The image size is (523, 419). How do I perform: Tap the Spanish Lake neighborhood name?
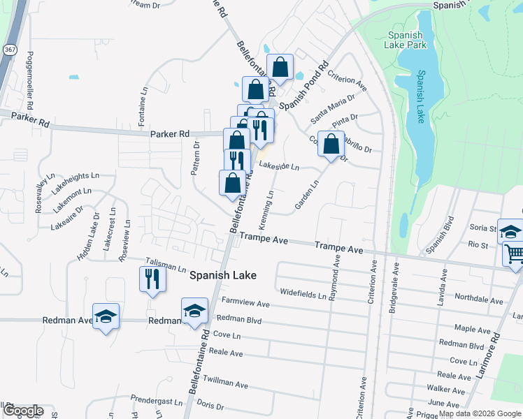[x=223, y=276]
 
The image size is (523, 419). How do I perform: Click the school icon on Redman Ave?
[x=105, y=317]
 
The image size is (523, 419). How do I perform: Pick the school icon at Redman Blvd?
[x=194, y=311]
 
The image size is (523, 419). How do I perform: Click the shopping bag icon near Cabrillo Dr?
[x=331, y=145]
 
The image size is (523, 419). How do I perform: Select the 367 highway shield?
[x=10, y=50]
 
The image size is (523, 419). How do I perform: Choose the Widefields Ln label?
[x=303, y=294]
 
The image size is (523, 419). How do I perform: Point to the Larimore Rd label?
[x=496, y=357]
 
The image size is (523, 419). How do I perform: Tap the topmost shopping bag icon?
[x=280, y=68]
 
